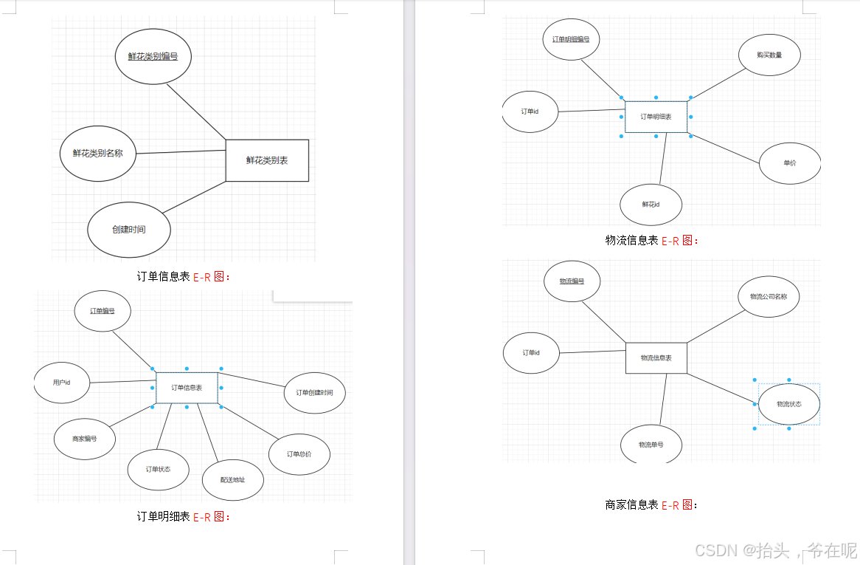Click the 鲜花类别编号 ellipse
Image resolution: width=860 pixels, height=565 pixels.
pos(153,56)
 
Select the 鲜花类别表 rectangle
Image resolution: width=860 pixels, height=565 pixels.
pos(267,160)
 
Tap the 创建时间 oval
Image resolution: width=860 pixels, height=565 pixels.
pos(129,230)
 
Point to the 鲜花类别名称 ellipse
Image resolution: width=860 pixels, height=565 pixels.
pos(97,154)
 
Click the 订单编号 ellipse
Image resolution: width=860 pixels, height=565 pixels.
pos(103,311)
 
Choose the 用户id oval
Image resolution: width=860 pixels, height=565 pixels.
pos(62,383)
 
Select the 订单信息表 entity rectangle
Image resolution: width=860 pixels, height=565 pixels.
pos(187,388)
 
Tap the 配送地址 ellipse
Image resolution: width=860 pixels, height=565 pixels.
pos(232,480)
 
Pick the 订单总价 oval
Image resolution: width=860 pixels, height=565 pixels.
pos(299,454)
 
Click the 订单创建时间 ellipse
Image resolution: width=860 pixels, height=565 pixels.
pos(314,393)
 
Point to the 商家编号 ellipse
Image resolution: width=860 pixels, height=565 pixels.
pos(84,439)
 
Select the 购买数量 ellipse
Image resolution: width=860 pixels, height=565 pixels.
pos(769,55)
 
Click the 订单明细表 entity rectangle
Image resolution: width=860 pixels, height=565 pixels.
pos(656,117)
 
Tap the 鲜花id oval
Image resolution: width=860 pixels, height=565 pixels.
pos(651,205)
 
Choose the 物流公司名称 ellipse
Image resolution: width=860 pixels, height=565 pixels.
pos(769,297)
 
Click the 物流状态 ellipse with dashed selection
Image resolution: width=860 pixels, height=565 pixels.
pos(788,404)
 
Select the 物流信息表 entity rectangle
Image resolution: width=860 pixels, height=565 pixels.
pos(656,358)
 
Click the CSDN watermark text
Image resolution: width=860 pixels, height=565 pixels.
pos(775,550)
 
